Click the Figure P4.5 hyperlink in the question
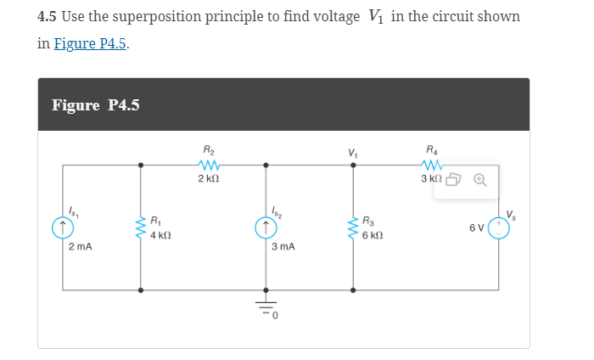(92, 44)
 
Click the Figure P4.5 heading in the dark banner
(96, 105)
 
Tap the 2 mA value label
(81, 247)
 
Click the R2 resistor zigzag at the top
(207, 166)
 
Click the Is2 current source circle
(266, 227)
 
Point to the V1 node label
(352, 153)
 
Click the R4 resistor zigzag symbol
(434, 166)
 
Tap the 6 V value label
(475, 228)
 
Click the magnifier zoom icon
(479, 180)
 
